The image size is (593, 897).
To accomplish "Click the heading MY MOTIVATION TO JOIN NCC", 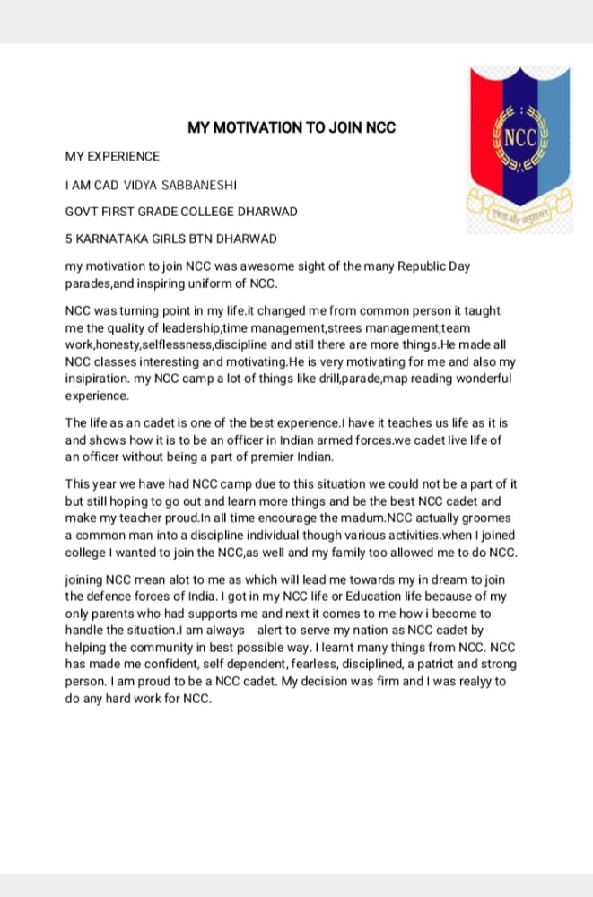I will [x=292, y=127].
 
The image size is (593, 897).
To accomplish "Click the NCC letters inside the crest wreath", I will [x=519, y=139].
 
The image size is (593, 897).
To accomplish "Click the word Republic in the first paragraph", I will [x=409, y=266].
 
